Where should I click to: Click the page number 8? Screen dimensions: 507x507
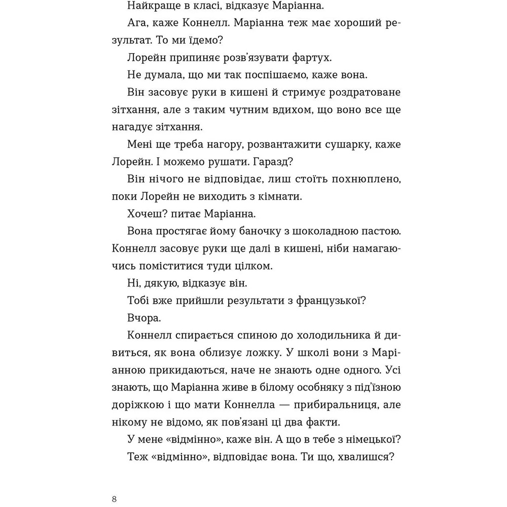click(115, 499)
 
